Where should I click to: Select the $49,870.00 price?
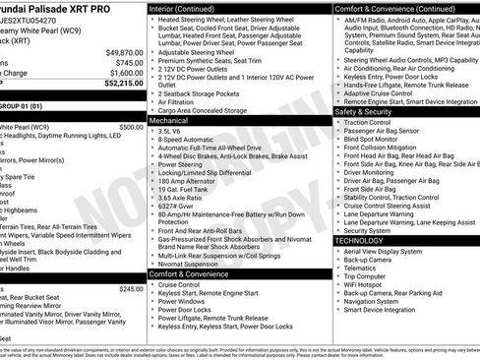(x=123, y=52)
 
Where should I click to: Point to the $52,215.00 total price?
(x=123, y=84)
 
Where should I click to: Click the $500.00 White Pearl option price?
(x=131, y=127)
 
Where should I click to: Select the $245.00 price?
(x=131, y=289)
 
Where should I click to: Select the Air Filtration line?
(x=181, y=101)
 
